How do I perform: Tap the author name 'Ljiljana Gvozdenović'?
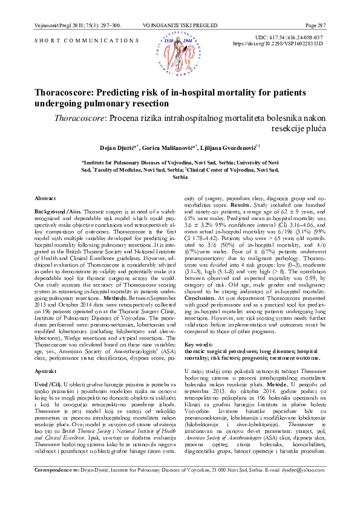(231, 148)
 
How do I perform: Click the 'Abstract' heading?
(45, 198)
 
